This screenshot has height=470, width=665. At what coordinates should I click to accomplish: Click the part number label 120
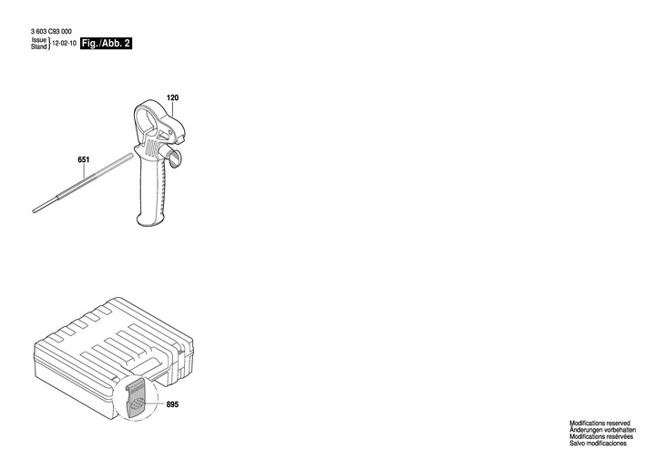172,97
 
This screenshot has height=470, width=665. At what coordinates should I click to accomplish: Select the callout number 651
83,160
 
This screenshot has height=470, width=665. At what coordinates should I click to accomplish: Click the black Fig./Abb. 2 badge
107,43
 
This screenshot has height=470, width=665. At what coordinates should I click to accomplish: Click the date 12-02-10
64,43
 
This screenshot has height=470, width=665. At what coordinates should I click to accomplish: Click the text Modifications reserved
600,424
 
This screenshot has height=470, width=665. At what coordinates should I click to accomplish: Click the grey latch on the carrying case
134,398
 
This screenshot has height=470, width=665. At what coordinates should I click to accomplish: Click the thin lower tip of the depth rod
35,210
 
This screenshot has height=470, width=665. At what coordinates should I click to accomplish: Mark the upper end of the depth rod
130,157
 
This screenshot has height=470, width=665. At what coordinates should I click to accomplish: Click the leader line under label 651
85,174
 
